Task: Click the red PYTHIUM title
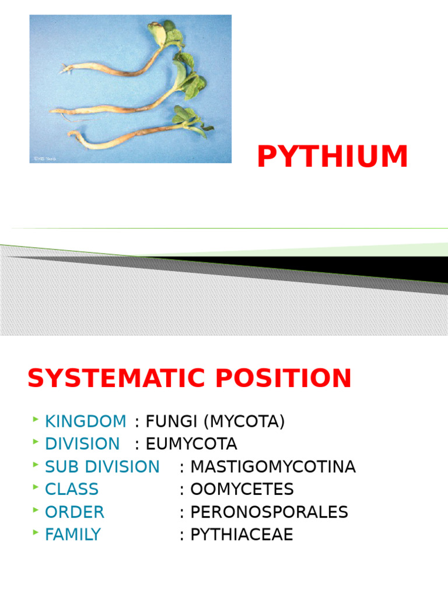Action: [x=332, y=157]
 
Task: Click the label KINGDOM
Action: [x=85, y=421]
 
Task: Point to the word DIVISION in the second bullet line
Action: [x=82, y=444]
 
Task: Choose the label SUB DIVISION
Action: [x=102, y=466]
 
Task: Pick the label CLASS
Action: [x=72, y=489]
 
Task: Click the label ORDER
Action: [x=75, y=512]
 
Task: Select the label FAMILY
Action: [x=73, y=535]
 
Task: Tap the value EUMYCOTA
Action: [x=191, y=444]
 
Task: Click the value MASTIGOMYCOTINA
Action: [x=273, y=466]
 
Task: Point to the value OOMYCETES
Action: [x=242, y=489]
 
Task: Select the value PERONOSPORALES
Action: [x=269, y=512]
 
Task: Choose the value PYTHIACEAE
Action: [x=242, y=535]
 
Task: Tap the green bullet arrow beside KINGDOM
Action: [x=36, y=420]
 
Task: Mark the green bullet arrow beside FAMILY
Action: [x=36, y=533]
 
